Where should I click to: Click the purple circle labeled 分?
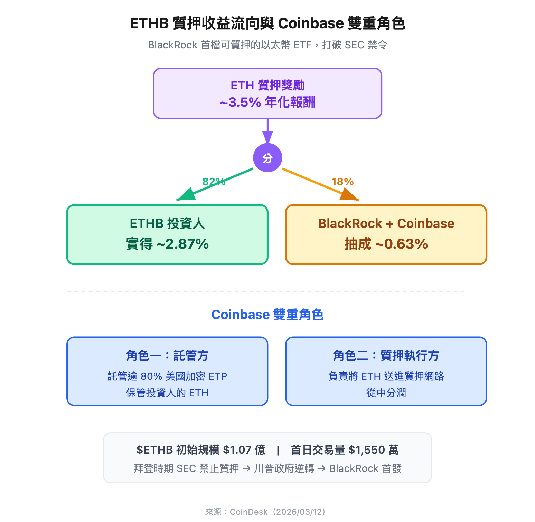(267, 158)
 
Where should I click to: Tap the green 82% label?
(214, 182)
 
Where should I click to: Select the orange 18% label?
(342, 182)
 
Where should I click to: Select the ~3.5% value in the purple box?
(241, 103)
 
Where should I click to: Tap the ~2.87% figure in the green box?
(183, 244)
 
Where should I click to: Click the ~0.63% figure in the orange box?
(402, 244)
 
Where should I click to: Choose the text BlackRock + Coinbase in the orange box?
(386, 223)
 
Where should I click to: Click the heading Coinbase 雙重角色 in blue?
(267, 315)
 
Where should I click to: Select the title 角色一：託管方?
(167, 356)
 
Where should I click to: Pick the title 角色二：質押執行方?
(386, 356)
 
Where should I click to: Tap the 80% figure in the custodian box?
(151, 376)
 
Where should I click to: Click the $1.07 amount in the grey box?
(237, 450)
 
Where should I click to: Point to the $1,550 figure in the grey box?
(367, 450)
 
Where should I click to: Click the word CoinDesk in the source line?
(248, 512)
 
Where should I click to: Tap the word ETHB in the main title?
(149, 23)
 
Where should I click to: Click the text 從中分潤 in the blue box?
(386, 393)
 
